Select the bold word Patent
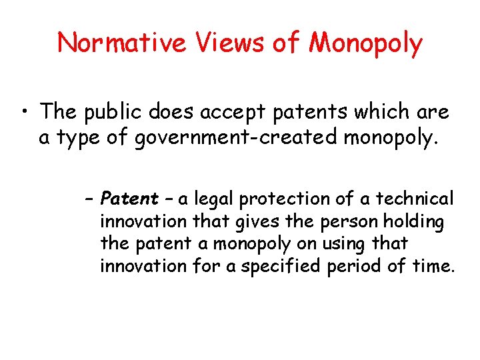click(x=129, y=199)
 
